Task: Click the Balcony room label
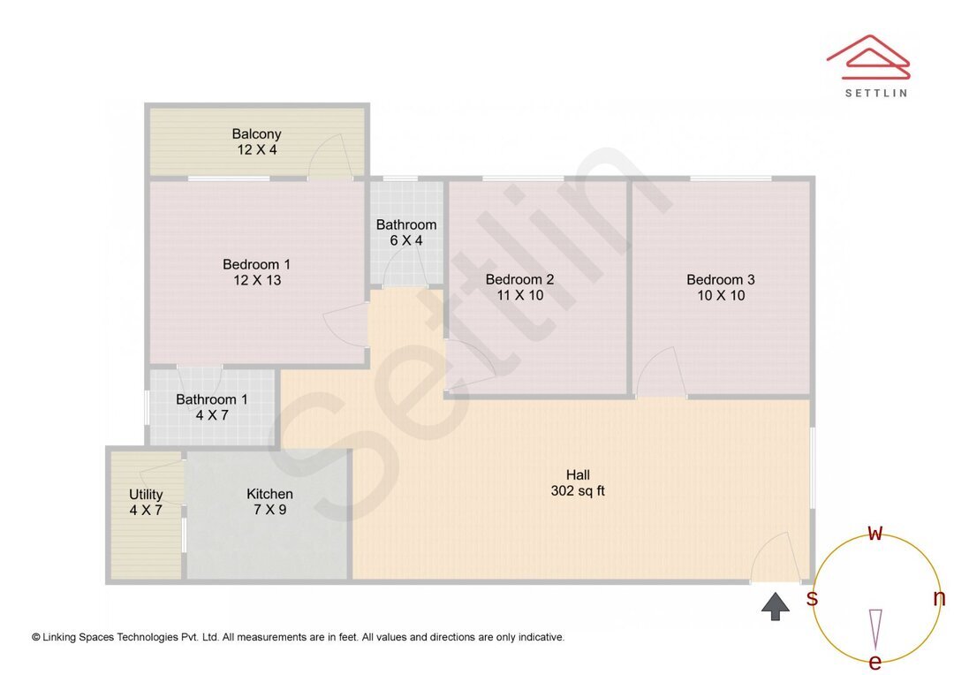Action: coord(256,134)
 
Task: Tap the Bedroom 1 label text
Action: coord(256,264)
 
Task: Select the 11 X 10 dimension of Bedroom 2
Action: coord(520,295)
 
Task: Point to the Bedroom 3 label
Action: coord(721,280)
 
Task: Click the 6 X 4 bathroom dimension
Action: coord(405,240)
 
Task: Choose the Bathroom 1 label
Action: coord(212,399)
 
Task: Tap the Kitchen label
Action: coord(269,494)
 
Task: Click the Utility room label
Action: coord(146,494)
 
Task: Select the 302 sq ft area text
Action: coord(578,491)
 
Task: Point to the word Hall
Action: coord(578,475)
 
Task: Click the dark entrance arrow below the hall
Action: coord(776,606)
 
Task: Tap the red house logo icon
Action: coord(868,57)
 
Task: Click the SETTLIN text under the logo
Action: coord(875,93)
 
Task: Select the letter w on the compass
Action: coord(875,533)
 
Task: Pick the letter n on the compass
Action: coord(939,598)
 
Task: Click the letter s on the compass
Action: coord(812,598)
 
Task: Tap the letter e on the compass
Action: coord(875,662)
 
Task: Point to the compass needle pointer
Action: coord(875,627)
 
